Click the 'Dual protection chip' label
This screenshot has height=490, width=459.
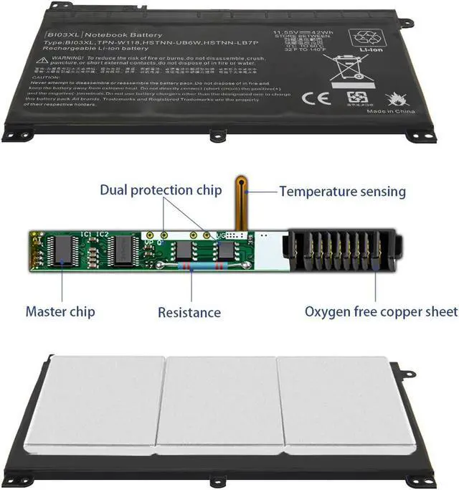[x=161, y=190]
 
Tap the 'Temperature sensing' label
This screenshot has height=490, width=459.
[x=342, y=192]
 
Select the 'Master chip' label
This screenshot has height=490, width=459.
[x=60, y=312]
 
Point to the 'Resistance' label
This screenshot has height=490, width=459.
[x=189, y=312]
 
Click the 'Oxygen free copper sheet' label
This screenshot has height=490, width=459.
[x=381, y=311]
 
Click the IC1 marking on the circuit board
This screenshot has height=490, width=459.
[x=85, y=234]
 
